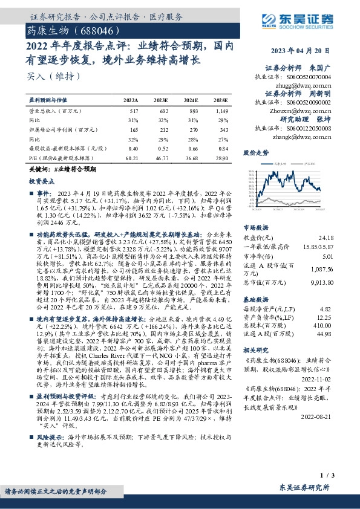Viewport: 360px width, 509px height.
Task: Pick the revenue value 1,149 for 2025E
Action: (x=221, y=111)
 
